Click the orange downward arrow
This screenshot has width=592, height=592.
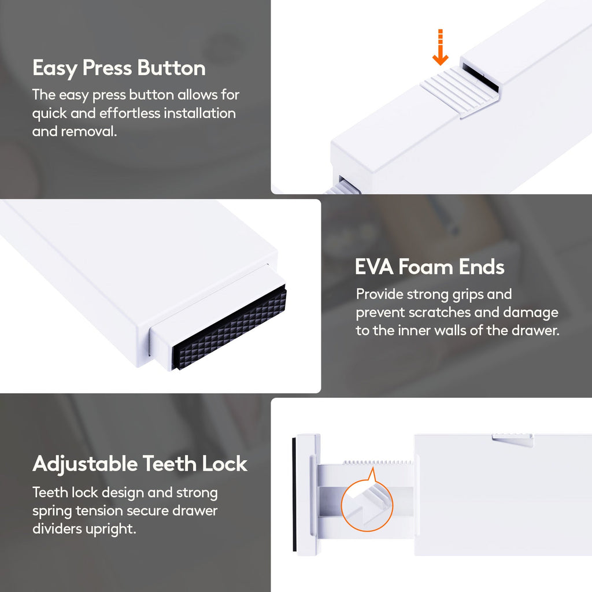(440, 47)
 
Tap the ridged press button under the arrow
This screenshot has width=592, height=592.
(460, 91)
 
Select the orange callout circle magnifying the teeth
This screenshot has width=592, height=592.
(367, 505)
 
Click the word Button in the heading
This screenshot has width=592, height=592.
(171, 68)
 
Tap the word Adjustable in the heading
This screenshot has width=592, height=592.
(85, 464)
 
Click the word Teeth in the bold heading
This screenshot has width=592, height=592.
(171, 463)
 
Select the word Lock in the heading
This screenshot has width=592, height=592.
(225, 463)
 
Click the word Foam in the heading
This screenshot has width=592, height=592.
(426, 267)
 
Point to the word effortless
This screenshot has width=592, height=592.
(130, 113)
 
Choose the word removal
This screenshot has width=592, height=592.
(88, 131)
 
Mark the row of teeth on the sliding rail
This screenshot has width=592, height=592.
(378, 462)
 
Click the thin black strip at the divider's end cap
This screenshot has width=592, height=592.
(294, 494)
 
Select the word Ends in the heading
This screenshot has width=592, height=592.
(482, 267)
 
